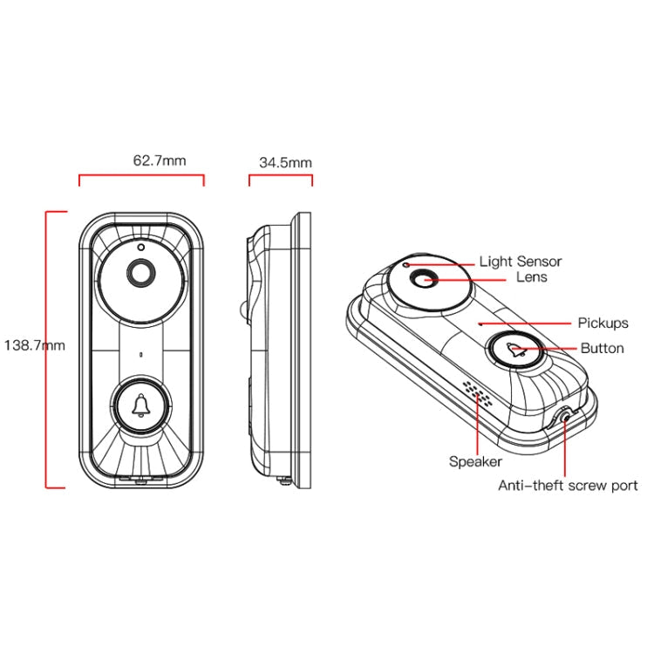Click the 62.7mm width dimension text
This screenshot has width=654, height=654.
pyautogui.click(x=159, y=160)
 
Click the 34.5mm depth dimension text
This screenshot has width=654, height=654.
pyautogui.click(x=285, y=162)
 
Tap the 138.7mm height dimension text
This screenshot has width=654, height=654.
pyautogui.click(x=35, y=345)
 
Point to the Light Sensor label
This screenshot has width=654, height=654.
pyautogui.click(x=521, y=262)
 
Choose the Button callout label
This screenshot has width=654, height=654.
pyautogui.click(x=603, y=348)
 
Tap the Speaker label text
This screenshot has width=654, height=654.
pyautogui.click(x=475, y=461)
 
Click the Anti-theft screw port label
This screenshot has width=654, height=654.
pyautogui.click(x=568, y=486)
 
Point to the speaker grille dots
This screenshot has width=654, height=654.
pyautogui.click(x=477, y=394)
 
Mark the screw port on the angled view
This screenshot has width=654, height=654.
pyautogui.click(x=568, y=417)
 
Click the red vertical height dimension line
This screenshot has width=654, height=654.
pyautogui.click(x=47, y=349)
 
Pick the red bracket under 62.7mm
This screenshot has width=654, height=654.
pyautogui.click(x=141, y=176)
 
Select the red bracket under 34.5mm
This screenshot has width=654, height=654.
pyautogui.click(x=281, y=176)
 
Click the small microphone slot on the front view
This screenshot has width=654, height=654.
pyautogui.click(x=140, y=356)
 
